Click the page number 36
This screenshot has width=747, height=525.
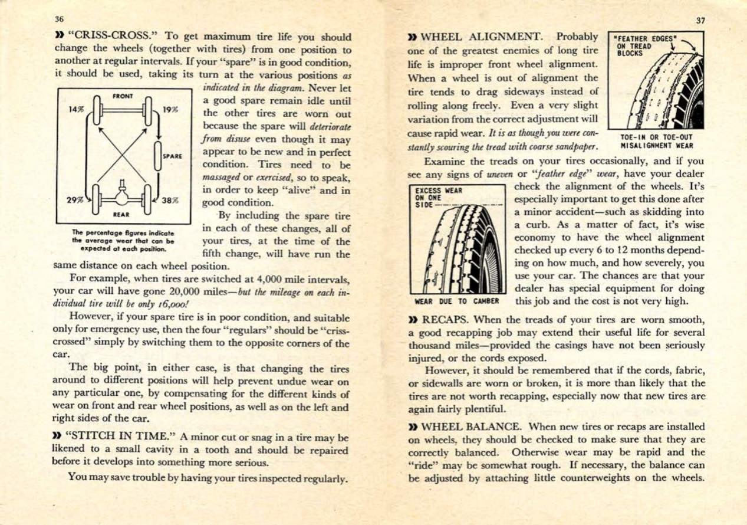tap(59, 19)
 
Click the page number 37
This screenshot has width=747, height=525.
tap(700, 19)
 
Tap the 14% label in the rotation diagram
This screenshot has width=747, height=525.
tap(77, 109)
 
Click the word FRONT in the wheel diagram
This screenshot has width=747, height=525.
tap(124, 96)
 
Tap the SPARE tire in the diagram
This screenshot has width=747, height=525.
tap(159, 156)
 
